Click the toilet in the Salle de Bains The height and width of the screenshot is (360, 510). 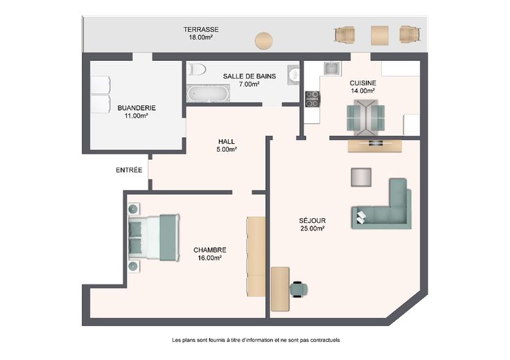197,69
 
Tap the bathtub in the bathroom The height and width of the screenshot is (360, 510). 208,93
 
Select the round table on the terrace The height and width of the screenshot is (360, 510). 264,41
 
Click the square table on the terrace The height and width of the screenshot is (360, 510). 380,35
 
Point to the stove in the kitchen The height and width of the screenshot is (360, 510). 313,99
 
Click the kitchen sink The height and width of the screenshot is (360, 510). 331,69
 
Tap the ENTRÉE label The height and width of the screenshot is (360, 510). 129,170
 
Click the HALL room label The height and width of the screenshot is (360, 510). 227,142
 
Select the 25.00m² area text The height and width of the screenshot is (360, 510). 313,228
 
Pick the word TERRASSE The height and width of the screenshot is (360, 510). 201,30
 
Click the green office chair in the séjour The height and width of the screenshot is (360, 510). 299,289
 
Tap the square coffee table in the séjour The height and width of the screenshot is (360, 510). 361,177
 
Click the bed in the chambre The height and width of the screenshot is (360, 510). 154,237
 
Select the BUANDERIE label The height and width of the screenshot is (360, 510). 137,108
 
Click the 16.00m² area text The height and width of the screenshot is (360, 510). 210,258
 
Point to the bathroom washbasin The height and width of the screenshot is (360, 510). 294,74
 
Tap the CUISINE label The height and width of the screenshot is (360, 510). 363,83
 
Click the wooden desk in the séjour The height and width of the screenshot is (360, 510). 280,289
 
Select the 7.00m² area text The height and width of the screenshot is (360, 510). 249,84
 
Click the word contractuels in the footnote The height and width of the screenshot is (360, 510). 325,340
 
